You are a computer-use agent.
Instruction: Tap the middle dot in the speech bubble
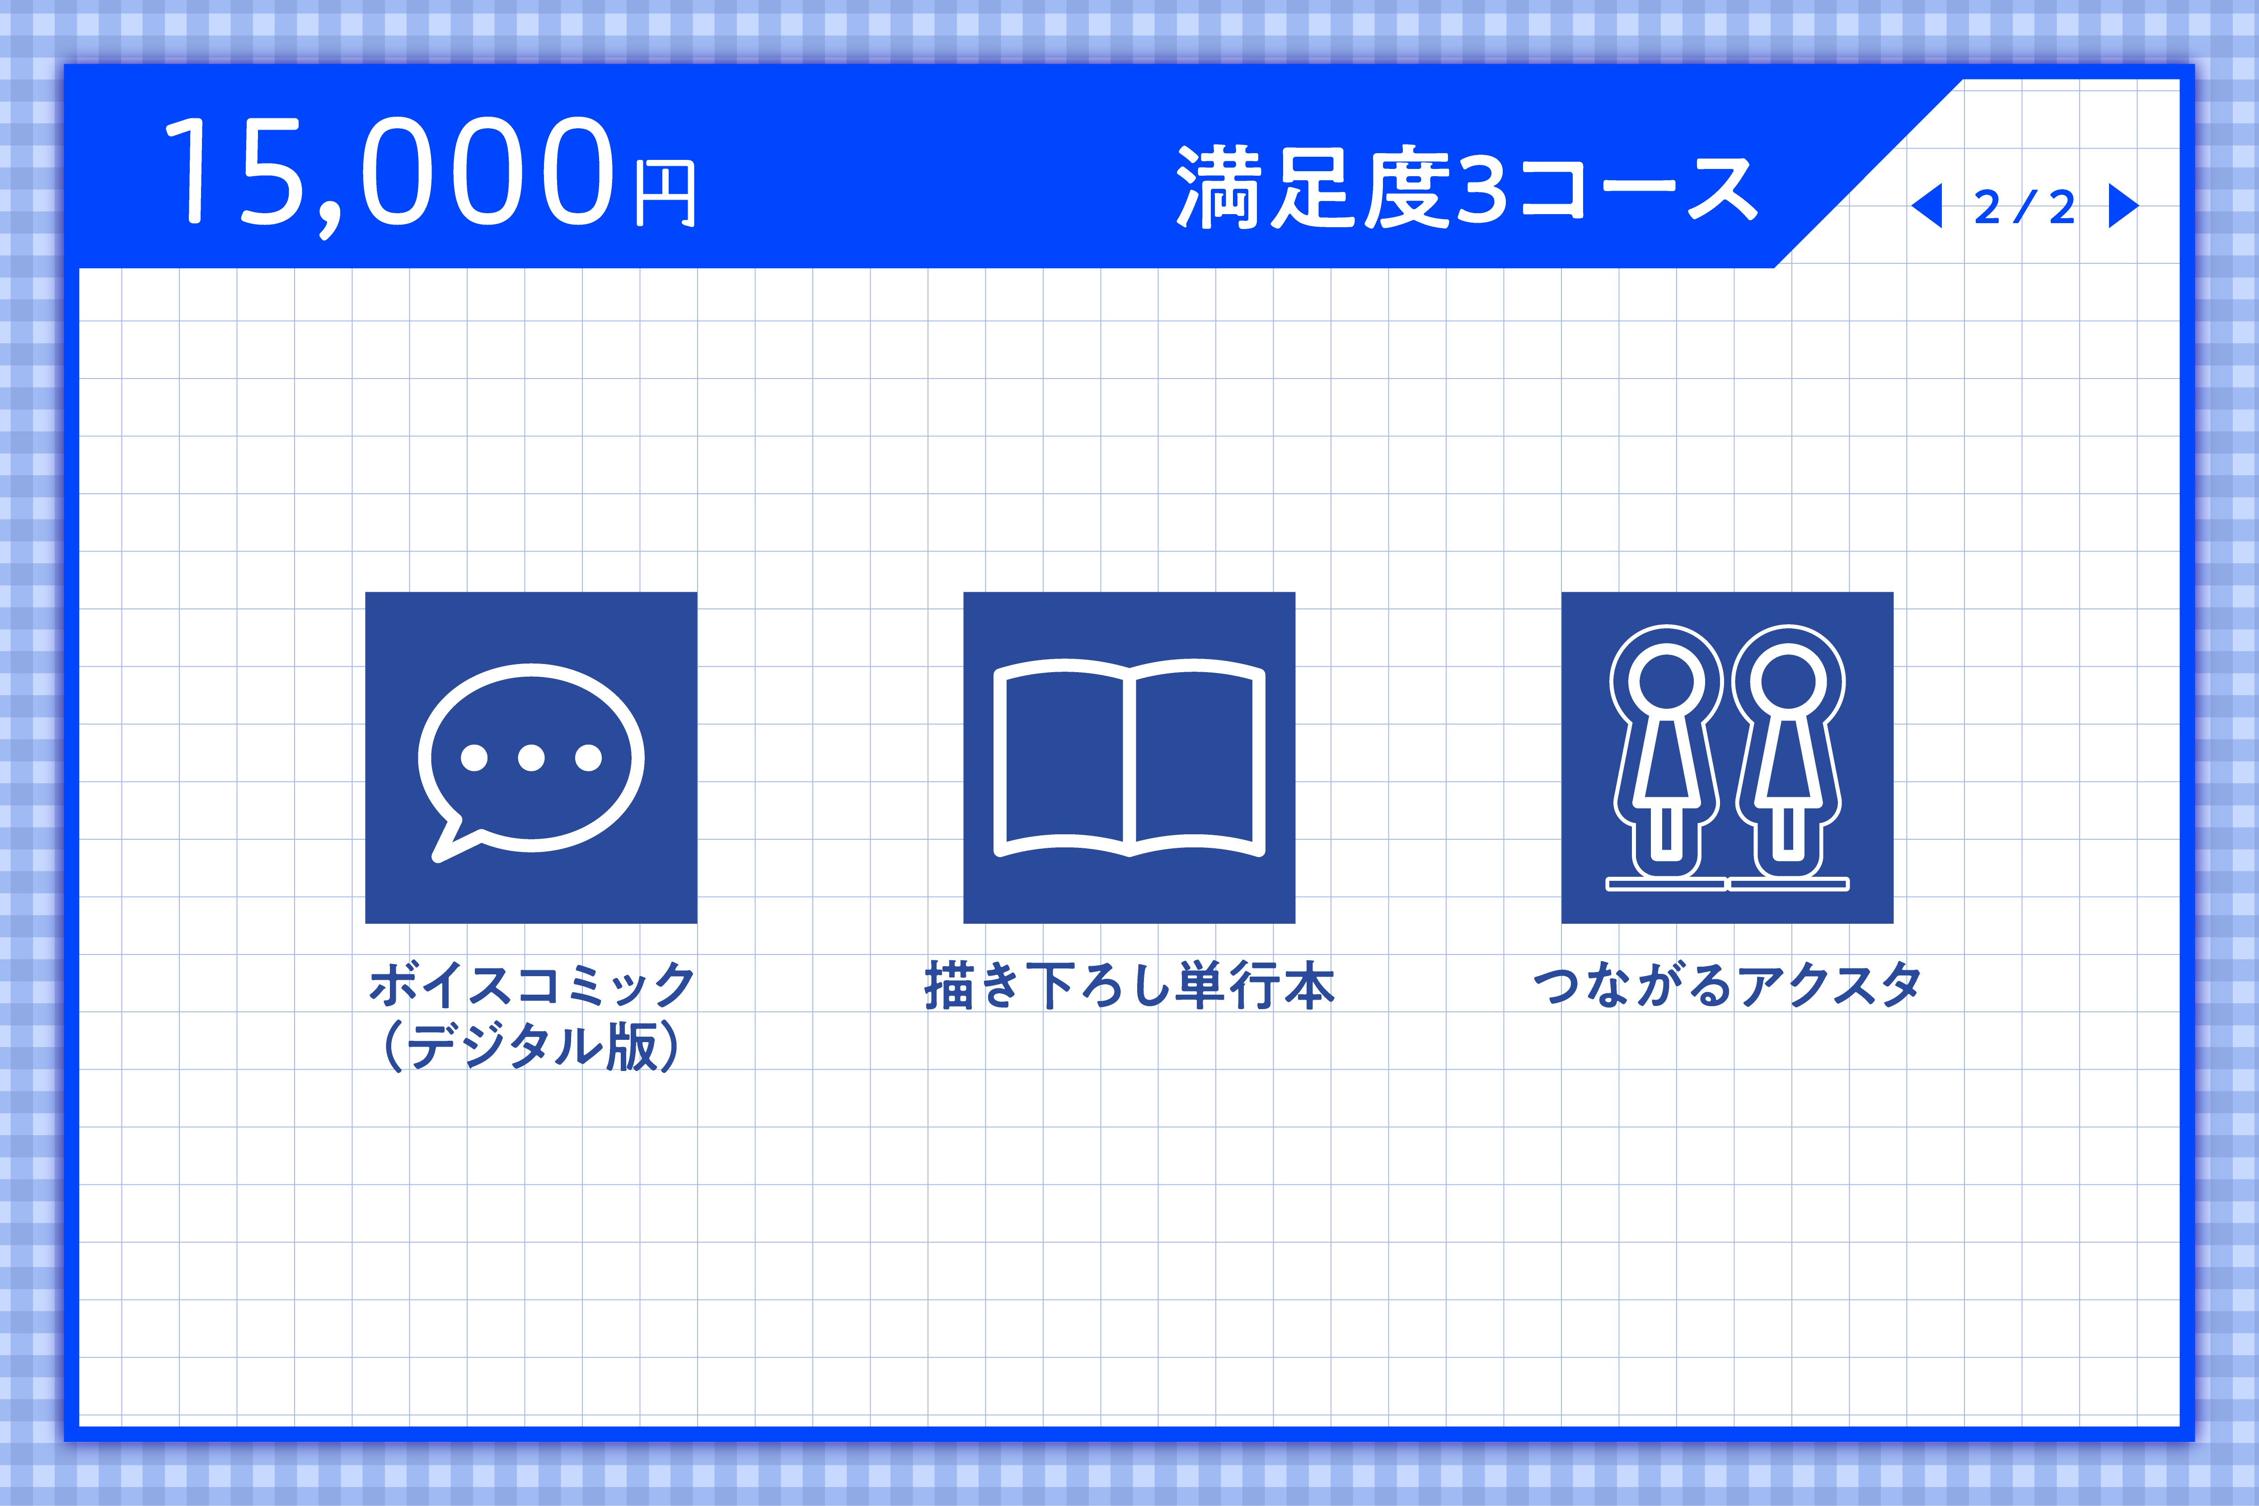tap(531, 758)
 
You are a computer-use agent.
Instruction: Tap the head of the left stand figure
tap(1666, 682)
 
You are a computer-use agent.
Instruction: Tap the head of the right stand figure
tap(1787, 682)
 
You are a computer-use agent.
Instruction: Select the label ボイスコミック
tap(531, 986)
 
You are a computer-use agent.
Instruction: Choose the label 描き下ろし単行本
tap(1129, 986)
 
